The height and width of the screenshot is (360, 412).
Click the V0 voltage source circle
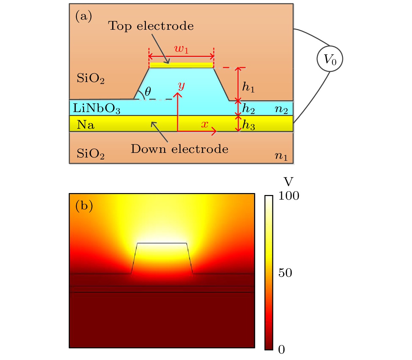pos(330,58)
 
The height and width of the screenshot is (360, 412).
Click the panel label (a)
pos(84,16)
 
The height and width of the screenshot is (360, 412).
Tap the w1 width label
pos(181,49)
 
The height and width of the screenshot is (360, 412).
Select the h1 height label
pos(249,87)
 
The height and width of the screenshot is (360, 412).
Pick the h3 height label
pos(249,125)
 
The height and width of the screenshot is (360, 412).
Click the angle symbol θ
pos(148,91)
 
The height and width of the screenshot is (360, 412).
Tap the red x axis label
pos(205,124)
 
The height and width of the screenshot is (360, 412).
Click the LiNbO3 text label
pos(96,108)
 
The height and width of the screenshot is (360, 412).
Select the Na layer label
pos(85,125)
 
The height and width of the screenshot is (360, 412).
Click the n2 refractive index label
pos(281,110)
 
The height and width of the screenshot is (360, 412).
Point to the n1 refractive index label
pos(281,156)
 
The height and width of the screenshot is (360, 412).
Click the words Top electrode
pos(151,26)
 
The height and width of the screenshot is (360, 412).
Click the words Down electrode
pos(180,149)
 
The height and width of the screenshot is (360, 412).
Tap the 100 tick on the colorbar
pos(289,195)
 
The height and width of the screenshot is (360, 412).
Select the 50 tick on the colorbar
pos(285,273)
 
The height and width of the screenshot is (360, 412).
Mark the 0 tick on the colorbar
pos(282,350)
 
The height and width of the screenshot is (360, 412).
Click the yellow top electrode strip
pos(181,65)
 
